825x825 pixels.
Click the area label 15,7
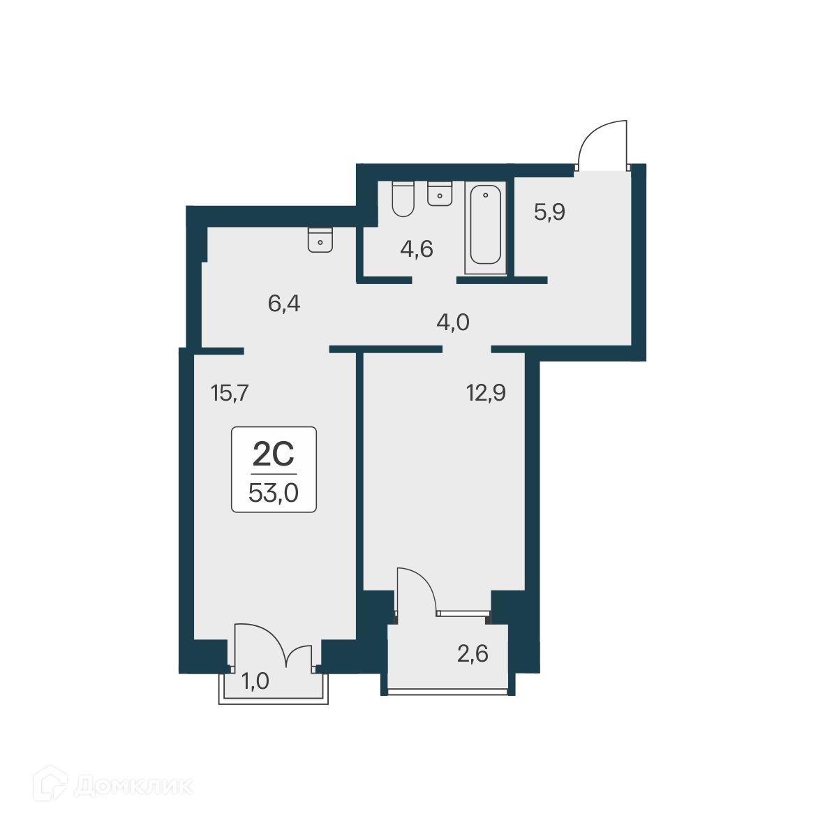pyautogui.click(x=230, y=394)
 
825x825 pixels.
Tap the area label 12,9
pyautogui.click(x=486, y=393)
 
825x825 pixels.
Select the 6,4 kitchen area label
pyautogui.click(x=284, y=304)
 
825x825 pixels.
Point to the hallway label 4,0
pyautogui.click(x=452, y=322)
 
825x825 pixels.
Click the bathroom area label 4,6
pyautogui.click(x=417, y=248)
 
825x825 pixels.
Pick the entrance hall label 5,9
pyautogui.click(x=549, y=211)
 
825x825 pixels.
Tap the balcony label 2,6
pyautogui.click(x=473, y=654)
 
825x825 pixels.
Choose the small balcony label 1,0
pyautogui.click(x=255, y=681)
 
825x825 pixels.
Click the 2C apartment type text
pyautogui.click(x=274, y=455)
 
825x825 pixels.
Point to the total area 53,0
pyautogui.click(x=274, y=493)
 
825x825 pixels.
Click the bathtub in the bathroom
pyautogui.click(x=485, y=225)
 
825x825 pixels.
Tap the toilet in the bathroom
pyautogui.click(x=403, y=198)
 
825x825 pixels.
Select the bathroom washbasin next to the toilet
pyautogui.click(x=440, y=193)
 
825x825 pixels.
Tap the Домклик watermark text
pyautogui.click(x=133, y=787)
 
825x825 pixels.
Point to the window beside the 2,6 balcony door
pyautogui.click(x=462, y=614)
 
